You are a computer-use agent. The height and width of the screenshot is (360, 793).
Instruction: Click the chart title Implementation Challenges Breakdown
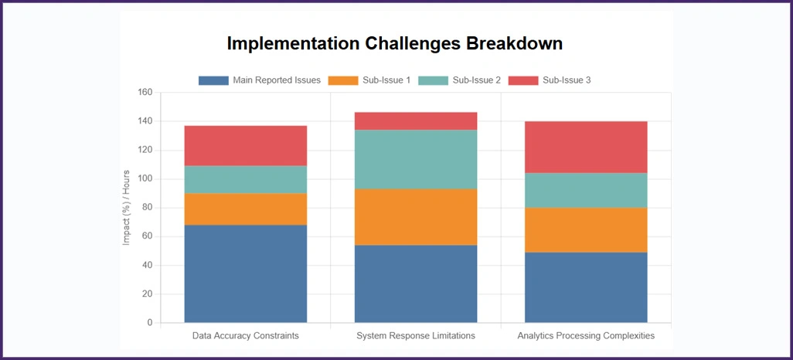[x=394, y=43]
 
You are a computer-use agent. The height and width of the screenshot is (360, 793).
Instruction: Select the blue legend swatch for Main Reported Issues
[x=213, y=80]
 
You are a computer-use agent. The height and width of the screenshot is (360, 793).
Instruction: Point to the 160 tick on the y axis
[x=145, y=93]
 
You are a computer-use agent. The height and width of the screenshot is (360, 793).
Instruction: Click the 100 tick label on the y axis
[x=145, y=179]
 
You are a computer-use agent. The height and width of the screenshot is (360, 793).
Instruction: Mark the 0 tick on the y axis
[x=149, y=323]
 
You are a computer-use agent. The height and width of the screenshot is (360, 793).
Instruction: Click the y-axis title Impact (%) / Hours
[x=127, y=208]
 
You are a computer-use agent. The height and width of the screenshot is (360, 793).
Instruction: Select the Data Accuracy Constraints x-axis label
[x=245, y=336]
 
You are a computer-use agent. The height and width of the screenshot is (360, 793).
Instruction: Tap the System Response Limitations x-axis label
[x=416, y=336]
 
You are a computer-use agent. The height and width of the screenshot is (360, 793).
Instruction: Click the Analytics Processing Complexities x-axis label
[x=586, y=336]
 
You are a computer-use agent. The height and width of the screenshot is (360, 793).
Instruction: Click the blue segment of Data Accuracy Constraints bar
[x=245, y=273]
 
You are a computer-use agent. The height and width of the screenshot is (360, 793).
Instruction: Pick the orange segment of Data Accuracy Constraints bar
[x=245, y=209]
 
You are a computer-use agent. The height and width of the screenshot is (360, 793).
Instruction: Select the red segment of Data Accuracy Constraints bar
[x=245, y=145]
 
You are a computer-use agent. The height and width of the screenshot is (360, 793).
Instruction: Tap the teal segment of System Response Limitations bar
[x=416, y=159]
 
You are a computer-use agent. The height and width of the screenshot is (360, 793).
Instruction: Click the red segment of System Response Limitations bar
[x=416, y=121]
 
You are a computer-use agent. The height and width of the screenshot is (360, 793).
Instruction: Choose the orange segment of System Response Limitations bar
[x=416, y=217]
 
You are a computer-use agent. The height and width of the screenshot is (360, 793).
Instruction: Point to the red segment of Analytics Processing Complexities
[x=586, y=147]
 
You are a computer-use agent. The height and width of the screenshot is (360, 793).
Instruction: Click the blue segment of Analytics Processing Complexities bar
[x=586, y=287]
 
